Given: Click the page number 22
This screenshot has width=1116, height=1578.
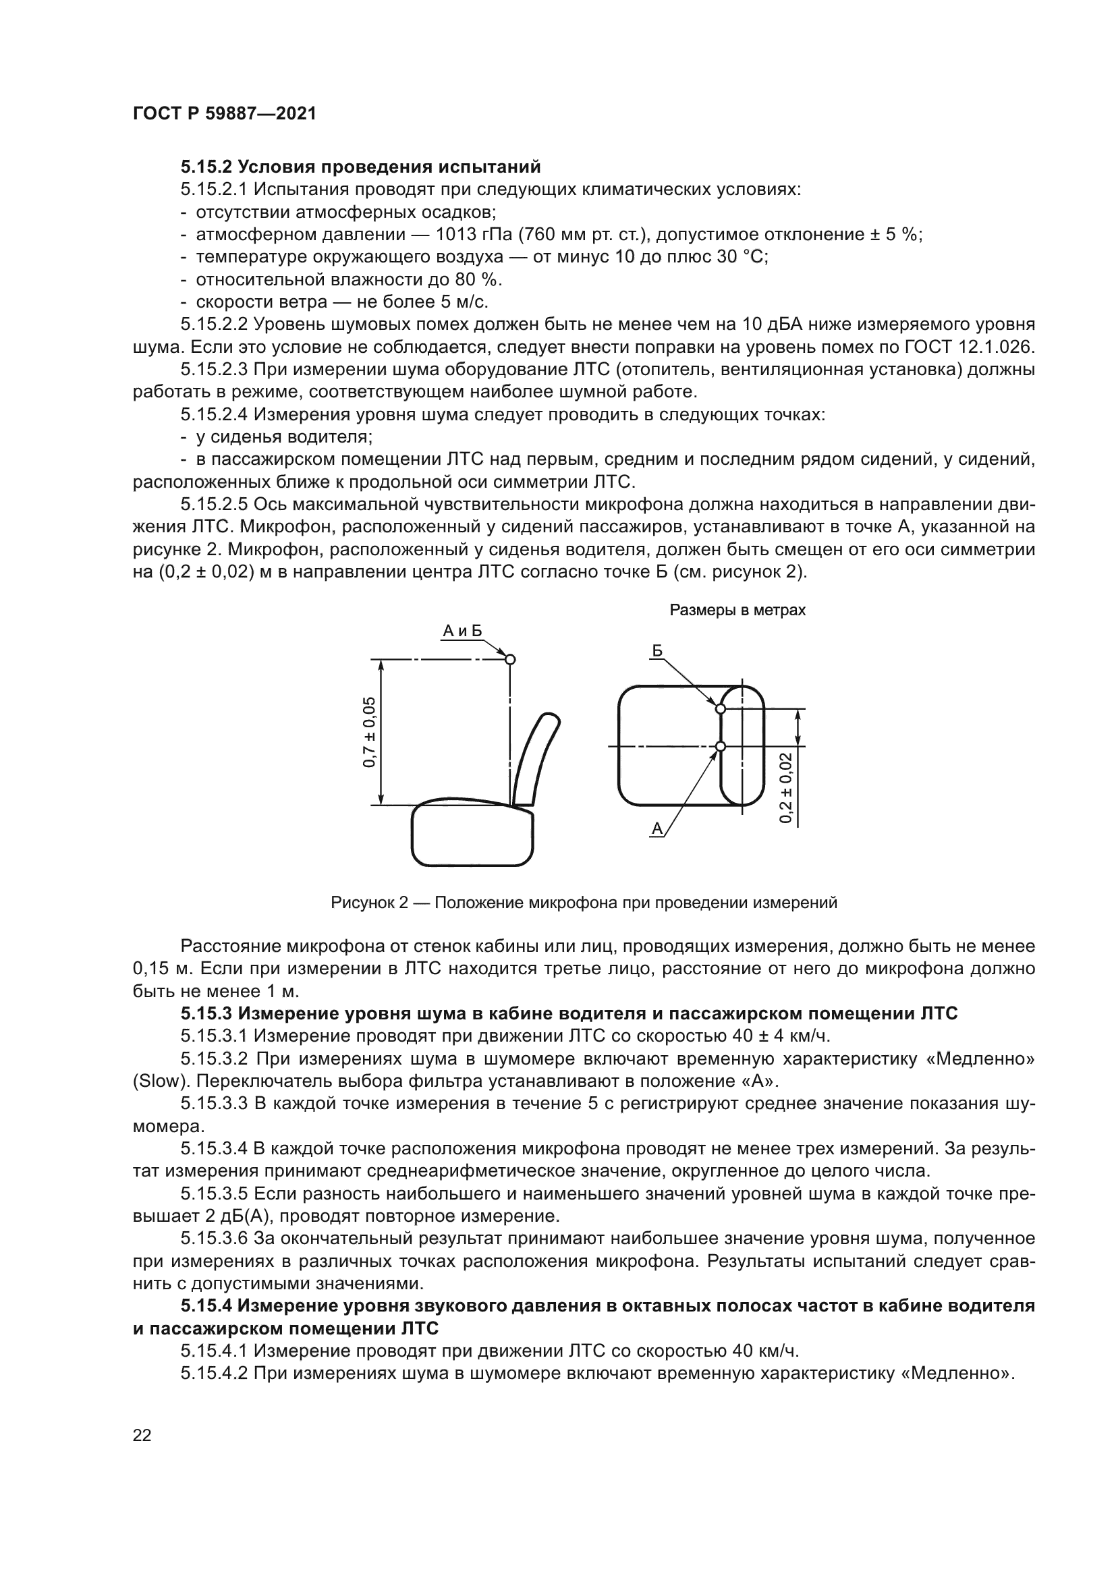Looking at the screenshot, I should tap(142, 1434).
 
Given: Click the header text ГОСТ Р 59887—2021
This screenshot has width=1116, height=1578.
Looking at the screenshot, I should tap(224, 114).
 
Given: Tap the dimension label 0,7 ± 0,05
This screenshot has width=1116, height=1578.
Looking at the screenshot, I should tap(370, 732).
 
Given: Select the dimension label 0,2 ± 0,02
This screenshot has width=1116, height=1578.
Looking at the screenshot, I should tap(786, 787).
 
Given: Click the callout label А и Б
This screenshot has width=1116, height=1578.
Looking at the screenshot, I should tap(462, 631).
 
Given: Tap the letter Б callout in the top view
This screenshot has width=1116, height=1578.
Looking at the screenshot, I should tap(658, 651).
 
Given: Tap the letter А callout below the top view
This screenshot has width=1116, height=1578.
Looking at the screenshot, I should tap(657, 830).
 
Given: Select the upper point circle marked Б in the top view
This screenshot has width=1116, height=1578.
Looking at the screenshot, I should tap(720, 708).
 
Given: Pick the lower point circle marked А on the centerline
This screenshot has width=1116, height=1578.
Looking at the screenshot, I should tap(720, 746).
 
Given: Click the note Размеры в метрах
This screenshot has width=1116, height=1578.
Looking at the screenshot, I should tap(737, 611).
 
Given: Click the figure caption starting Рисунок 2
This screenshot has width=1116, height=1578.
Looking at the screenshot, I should tap(584, 903).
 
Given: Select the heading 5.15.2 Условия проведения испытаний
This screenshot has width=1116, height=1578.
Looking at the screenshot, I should tap(361, 167).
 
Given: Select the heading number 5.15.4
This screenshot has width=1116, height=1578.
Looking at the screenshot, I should tap(206, 1306).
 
